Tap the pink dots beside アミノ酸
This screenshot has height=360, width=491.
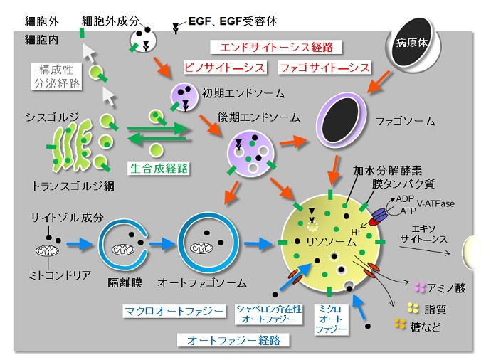[x=418, y=288]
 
